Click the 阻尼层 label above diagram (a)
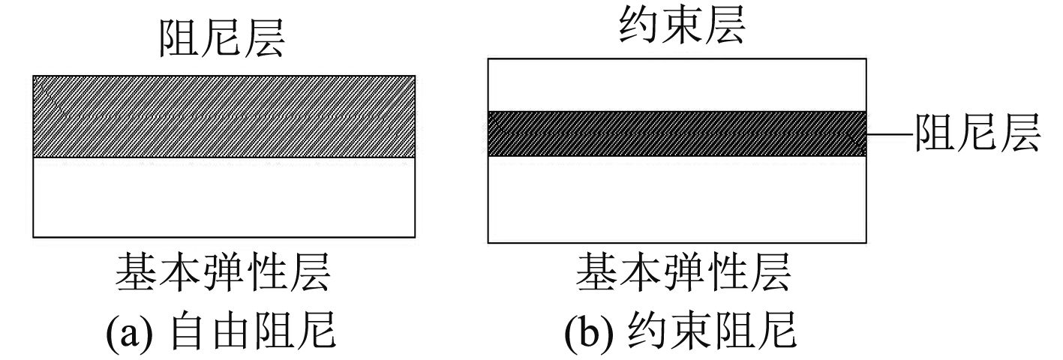click(222, 40)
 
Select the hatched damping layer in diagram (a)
click(224, 116)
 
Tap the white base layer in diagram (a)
click(224, 197)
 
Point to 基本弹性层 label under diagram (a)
click(223, 273)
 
